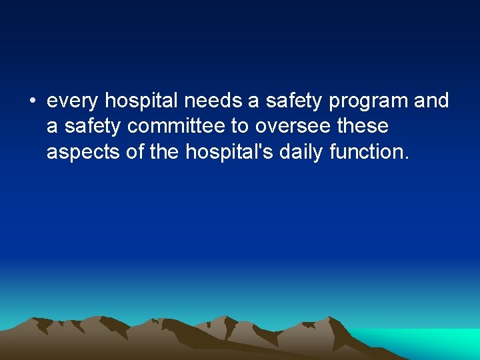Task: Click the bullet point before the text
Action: point(31,102)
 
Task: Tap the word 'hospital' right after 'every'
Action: point(142,101)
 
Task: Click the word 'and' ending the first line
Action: point(432,101)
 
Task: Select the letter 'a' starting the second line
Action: point(53,127)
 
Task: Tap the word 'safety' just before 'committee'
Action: point(94,127)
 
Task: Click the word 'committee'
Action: point(178,126)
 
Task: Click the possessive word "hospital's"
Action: point(229,153)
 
